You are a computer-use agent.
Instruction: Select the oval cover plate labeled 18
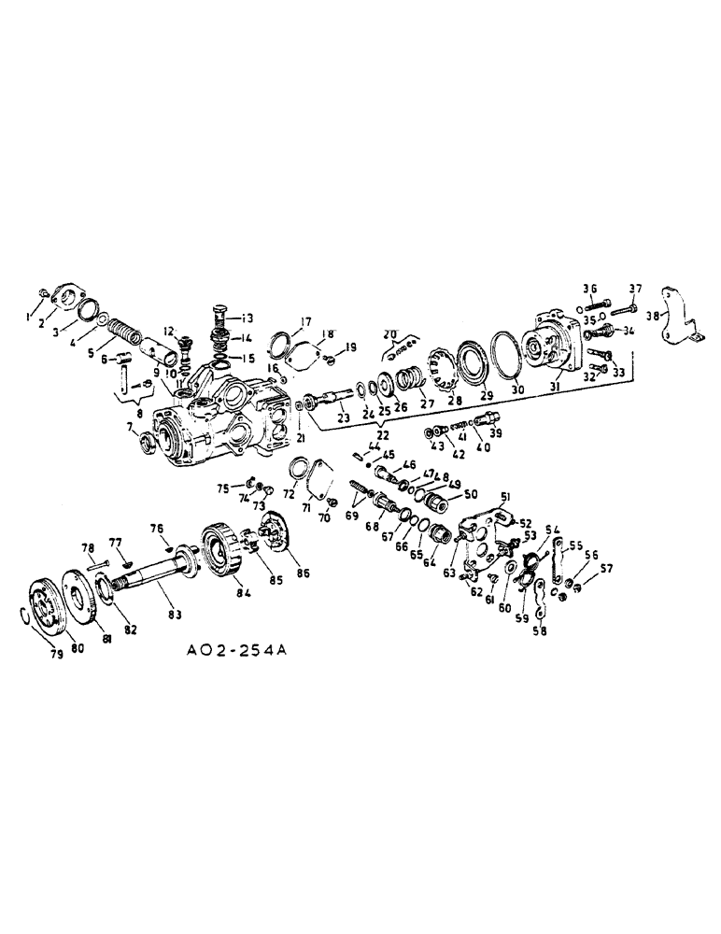click(299, 354)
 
